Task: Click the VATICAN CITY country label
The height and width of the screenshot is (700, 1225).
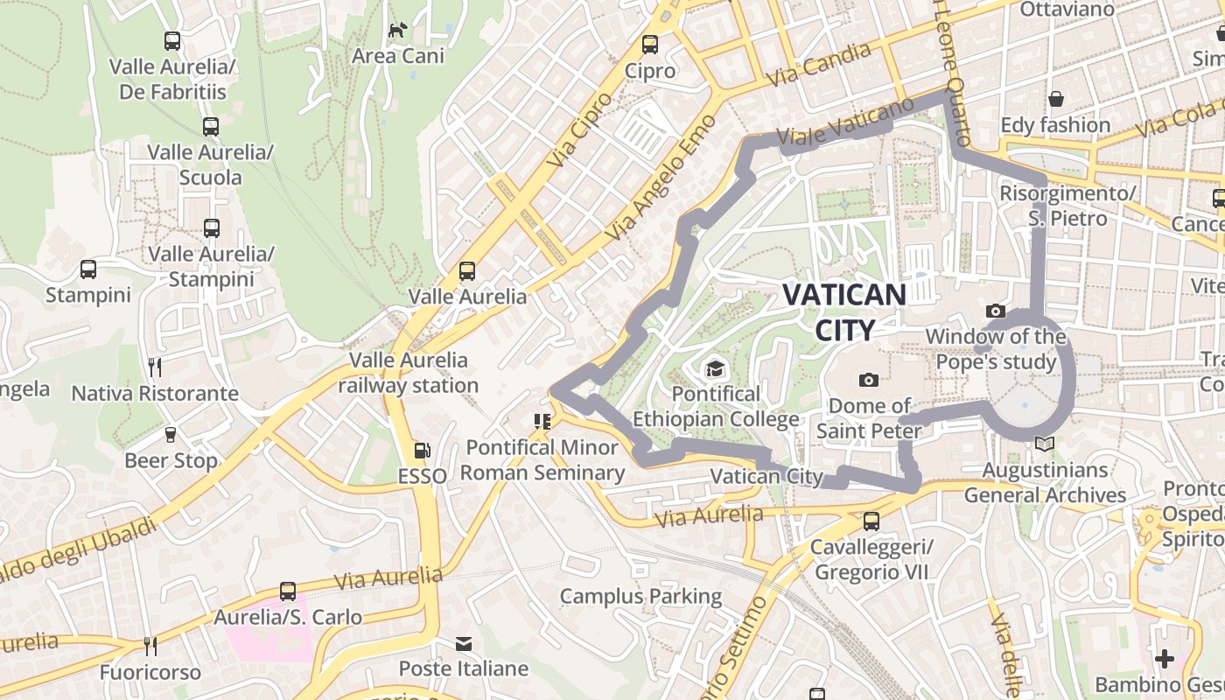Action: (x=844, y=311)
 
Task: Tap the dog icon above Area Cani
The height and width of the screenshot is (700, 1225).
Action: (x=397, y=31)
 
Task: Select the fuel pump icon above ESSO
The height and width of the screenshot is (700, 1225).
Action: (x=422, y=451)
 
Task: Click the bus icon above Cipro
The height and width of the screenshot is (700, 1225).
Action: (x=649, y=45)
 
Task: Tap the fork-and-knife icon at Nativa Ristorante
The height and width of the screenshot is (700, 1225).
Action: (x=155, y=367)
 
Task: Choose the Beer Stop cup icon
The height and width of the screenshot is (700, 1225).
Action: (x=171, y=435)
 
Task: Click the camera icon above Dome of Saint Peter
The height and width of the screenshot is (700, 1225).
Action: (x=868, y=380)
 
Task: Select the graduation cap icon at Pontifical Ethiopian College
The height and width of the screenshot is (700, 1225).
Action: (x=715, y=368)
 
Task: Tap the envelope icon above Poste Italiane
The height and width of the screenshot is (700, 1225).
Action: (x=463, y=644)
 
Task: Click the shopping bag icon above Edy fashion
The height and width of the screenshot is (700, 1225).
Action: (x=1056, y=99)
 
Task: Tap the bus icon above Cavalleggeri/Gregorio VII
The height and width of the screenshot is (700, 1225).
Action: (x=871, y=521)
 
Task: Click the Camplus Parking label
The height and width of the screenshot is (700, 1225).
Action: (x=640, y=597)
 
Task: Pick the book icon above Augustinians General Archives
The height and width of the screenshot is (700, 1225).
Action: (x=1044, y=444)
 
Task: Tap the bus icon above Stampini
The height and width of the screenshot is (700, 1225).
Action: (x=88, y=269)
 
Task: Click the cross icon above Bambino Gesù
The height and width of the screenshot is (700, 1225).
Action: (x=1164, y=658)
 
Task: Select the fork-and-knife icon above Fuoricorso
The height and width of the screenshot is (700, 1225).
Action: (x=150, y=647)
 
